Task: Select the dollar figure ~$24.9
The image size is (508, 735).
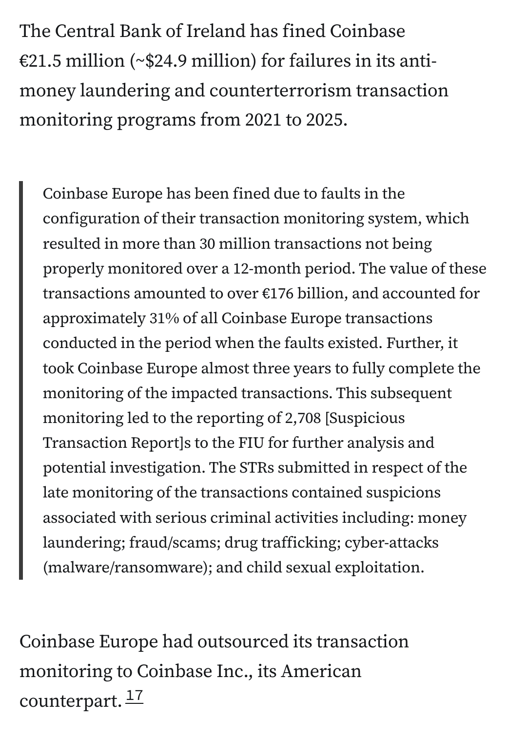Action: pyautogui.click(x=161, y=61)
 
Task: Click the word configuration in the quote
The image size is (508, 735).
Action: pyautogui.click(x=91, y=219)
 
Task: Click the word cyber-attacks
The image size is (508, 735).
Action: pyautogui.click(x=391, y=542)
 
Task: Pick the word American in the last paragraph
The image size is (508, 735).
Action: pyautogui.click(x=321, y=671)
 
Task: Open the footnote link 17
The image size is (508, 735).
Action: pyautogui.click(x=135, y=697)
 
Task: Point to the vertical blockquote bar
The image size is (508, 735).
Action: pyautogui.click(x=21, y=380)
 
